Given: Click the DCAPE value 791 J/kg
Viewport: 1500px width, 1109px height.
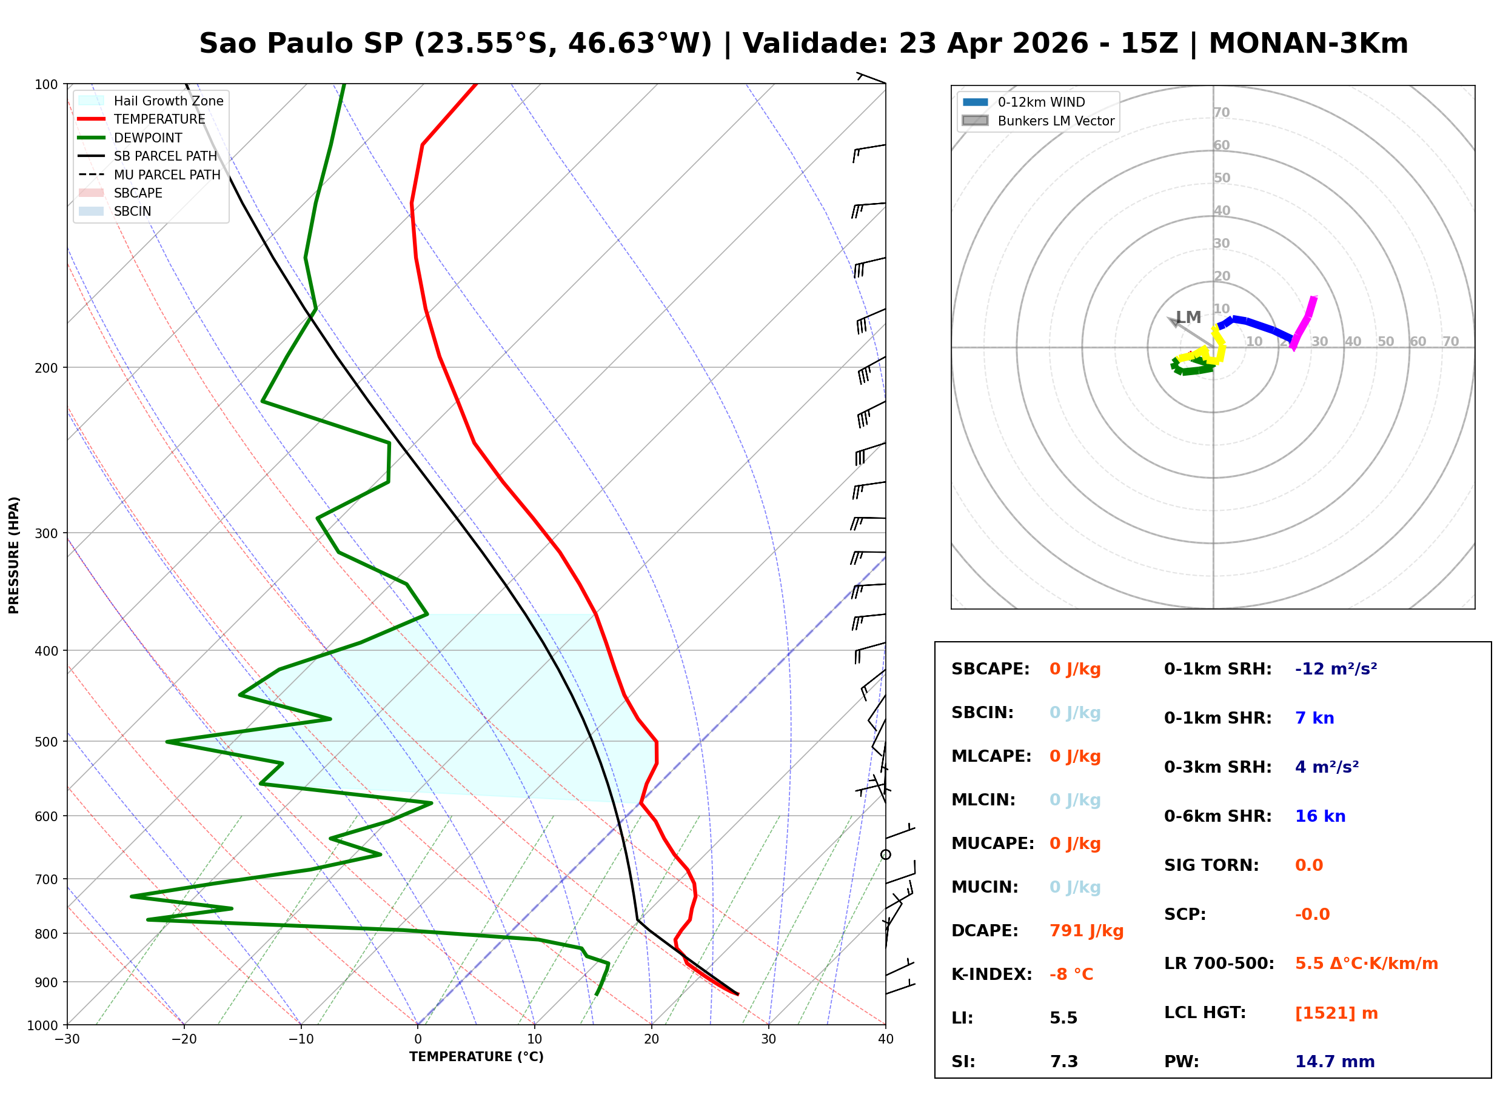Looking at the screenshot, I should click(1086, 931).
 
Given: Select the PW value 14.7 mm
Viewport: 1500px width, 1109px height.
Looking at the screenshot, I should click(1334, 1062).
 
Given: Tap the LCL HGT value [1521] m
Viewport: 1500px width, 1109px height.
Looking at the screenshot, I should click(1336, 1013).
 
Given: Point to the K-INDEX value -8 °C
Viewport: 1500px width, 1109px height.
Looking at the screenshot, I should click(1071, 974).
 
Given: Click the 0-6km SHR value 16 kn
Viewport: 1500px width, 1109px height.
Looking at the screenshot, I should click(1319, 816).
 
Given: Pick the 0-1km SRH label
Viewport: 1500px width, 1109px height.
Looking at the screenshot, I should click(1217, 669).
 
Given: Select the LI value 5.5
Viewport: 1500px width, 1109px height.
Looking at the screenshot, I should click(1063, 1018).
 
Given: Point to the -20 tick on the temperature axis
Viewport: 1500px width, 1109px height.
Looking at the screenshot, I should click(183, 1040).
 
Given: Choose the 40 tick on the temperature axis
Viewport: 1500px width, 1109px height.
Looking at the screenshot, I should click(885, 1040).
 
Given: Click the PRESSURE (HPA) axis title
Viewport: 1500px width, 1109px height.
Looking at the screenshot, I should click(14, 555).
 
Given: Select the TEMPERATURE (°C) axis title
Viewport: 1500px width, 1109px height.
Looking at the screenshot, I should click(476, 1057).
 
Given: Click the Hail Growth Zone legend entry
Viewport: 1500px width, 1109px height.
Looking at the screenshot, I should click(168, 101).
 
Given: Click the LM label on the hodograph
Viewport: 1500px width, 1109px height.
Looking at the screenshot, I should click(1188, 318).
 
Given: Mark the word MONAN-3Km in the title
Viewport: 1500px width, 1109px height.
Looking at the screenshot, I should click(1307, 44).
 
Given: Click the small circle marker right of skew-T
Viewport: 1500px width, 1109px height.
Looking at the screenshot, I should click(885, 854).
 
